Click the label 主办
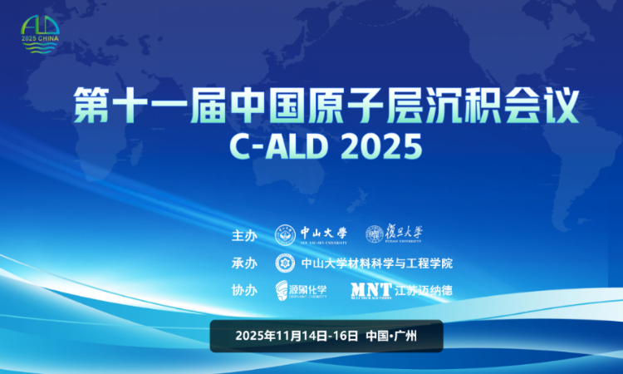point(244,235)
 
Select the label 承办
point(244,263)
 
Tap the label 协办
point(244,290)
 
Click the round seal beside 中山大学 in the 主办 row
point(285,235)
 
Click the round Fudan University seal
point(375,235)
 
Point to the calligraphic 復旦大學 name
point(405,234)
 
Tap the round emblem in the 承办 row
point(285,263)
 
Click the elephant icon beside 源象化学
point(283,290)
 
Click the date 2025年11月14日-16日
point(297,337)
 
